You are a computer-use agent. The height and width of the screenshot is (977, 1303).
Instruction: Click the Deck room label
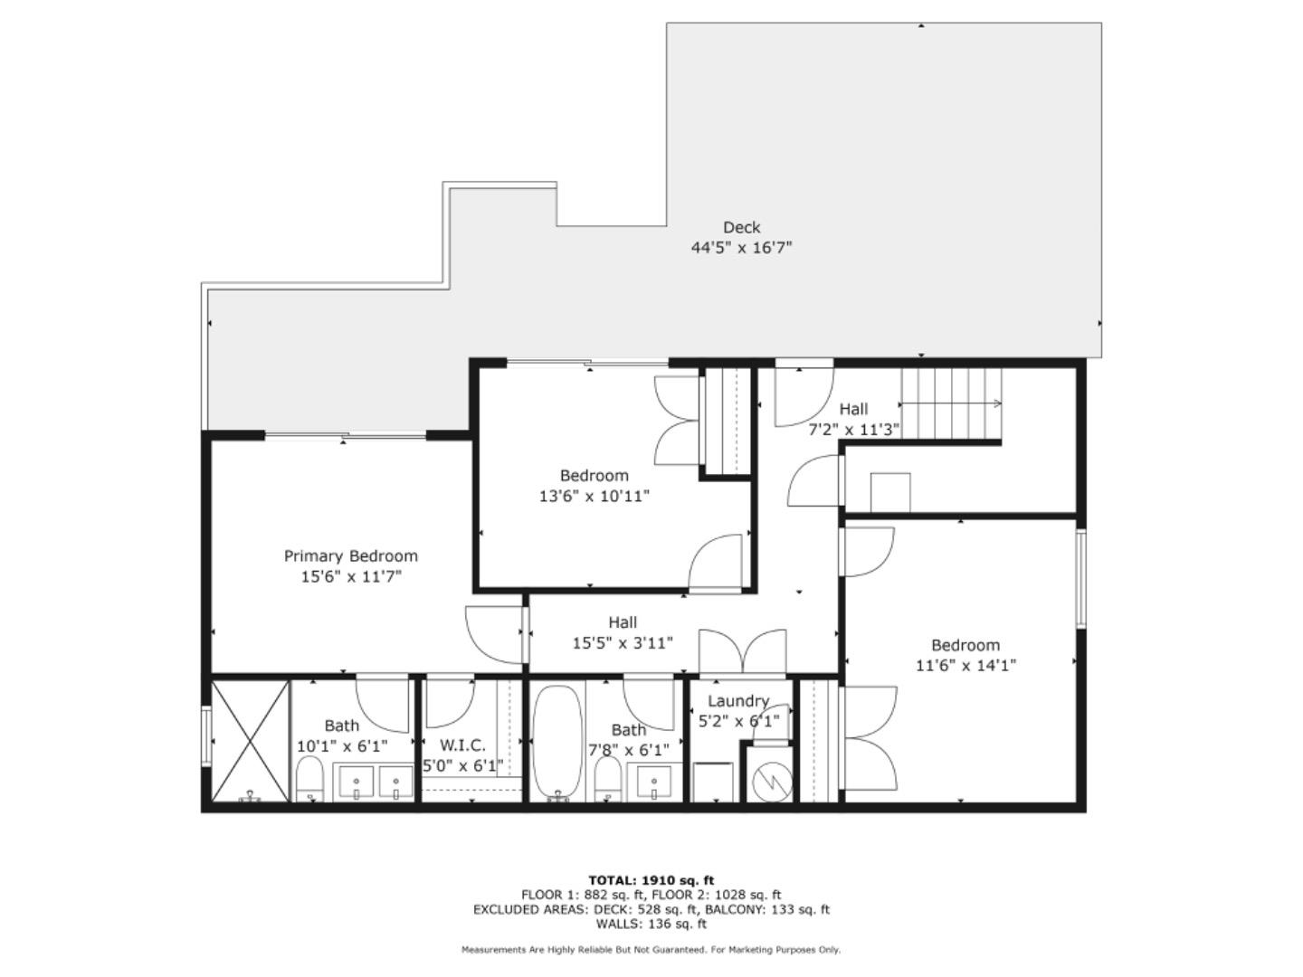(x=741, y=228)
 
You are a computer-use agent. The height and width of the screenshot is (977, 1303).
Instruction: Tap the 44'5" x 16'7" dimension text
(x=741, y=248)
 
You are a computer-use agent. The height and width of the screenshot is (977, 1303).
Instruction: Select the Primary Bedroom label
(x=351, y=556)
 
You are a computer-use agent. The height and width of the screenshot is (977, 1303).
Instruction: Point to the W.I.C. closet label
(x=462, y=745)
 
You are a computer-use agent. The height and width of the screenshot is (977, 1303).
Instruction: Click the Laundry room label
(x=737, y=701)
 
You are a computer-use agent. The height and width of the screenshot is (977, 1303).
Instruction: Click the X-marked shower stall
(x=250, y=740)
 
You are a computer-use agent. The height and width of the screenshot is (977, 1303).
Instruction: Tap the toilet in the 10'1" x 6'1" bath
(x=309, y=779)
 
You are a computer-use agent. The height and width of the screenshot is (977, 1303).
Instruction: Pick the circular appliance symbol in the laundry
(x=772, y=779)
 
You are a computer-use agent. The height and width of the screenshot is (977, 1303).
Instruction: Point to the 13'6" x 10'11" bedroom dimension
(x=594, y=496)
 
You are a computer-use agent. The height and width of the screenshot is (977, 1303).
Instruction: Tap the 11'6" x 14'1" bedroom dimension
(x=965, y=666)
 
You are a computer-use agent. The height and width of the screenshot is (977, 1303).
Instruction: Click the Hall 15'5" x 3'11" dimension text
(x=623, y=643)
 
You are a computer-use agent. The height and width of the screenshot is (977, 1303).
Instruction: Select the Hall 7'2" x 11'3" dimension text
(x=853, y=430)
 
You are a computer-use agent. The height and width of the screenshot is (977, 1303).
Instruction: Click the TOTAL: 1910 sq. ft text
(x=651, y=880)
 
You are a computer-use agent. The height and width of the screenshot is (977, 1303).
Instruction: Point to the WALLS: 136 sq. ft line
(x=651, y=924)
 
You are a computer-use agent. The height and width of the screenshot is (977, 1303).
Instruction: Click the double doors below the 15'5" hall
(x=742, y=653)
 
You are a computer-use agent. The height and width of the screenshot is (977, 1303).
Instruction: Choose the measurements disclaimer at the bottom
(x=651, y=950)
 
